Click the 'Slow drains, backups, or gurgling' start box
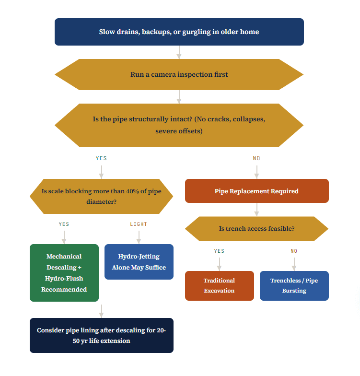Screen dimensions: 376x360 pos(179,32)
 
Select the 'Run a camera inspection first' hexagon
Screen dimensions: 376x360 pos(179,75)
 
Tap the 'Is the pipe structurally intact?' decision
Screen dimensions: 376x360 pos(179,125)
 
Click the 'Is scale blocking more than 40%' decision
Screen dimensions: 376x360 pos(101,197)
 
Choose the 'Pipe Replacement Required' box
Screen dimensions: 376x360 pos(256,191)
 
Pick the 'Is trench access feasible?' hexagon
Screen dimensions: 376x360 pos(256,229)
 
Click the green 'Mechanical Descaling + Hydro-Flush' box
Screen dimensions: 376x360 pos(64,273)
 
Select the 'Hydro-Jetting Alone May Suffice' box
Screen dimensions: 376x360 pos(139,262)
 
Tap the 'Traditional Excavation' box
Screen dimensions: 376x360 pos(219,285)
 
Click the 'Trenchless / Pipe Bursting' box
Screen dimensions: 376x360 pos(294,285)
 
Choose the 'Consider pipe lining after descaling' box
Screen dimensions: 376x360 pos(101,335)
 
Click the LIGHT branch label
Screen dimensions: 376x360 pos(139,224)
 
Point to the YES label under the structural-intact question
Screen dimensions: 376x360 pos(101,158)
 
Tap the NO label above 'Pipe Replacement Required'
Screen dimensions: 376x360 pos(256,158)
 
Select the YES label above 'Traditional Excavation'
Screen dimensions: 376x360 pos(219,251)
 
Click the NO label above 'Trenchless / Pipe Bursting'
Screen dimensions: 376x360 pos(294,251)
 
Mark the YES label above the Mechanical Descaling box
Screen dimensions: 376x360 pos(64,224)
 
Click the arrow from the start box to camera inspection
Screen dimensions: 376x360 pos(179,52)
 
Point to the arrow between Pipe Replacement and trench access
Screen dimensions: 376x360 pos(256,210)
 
